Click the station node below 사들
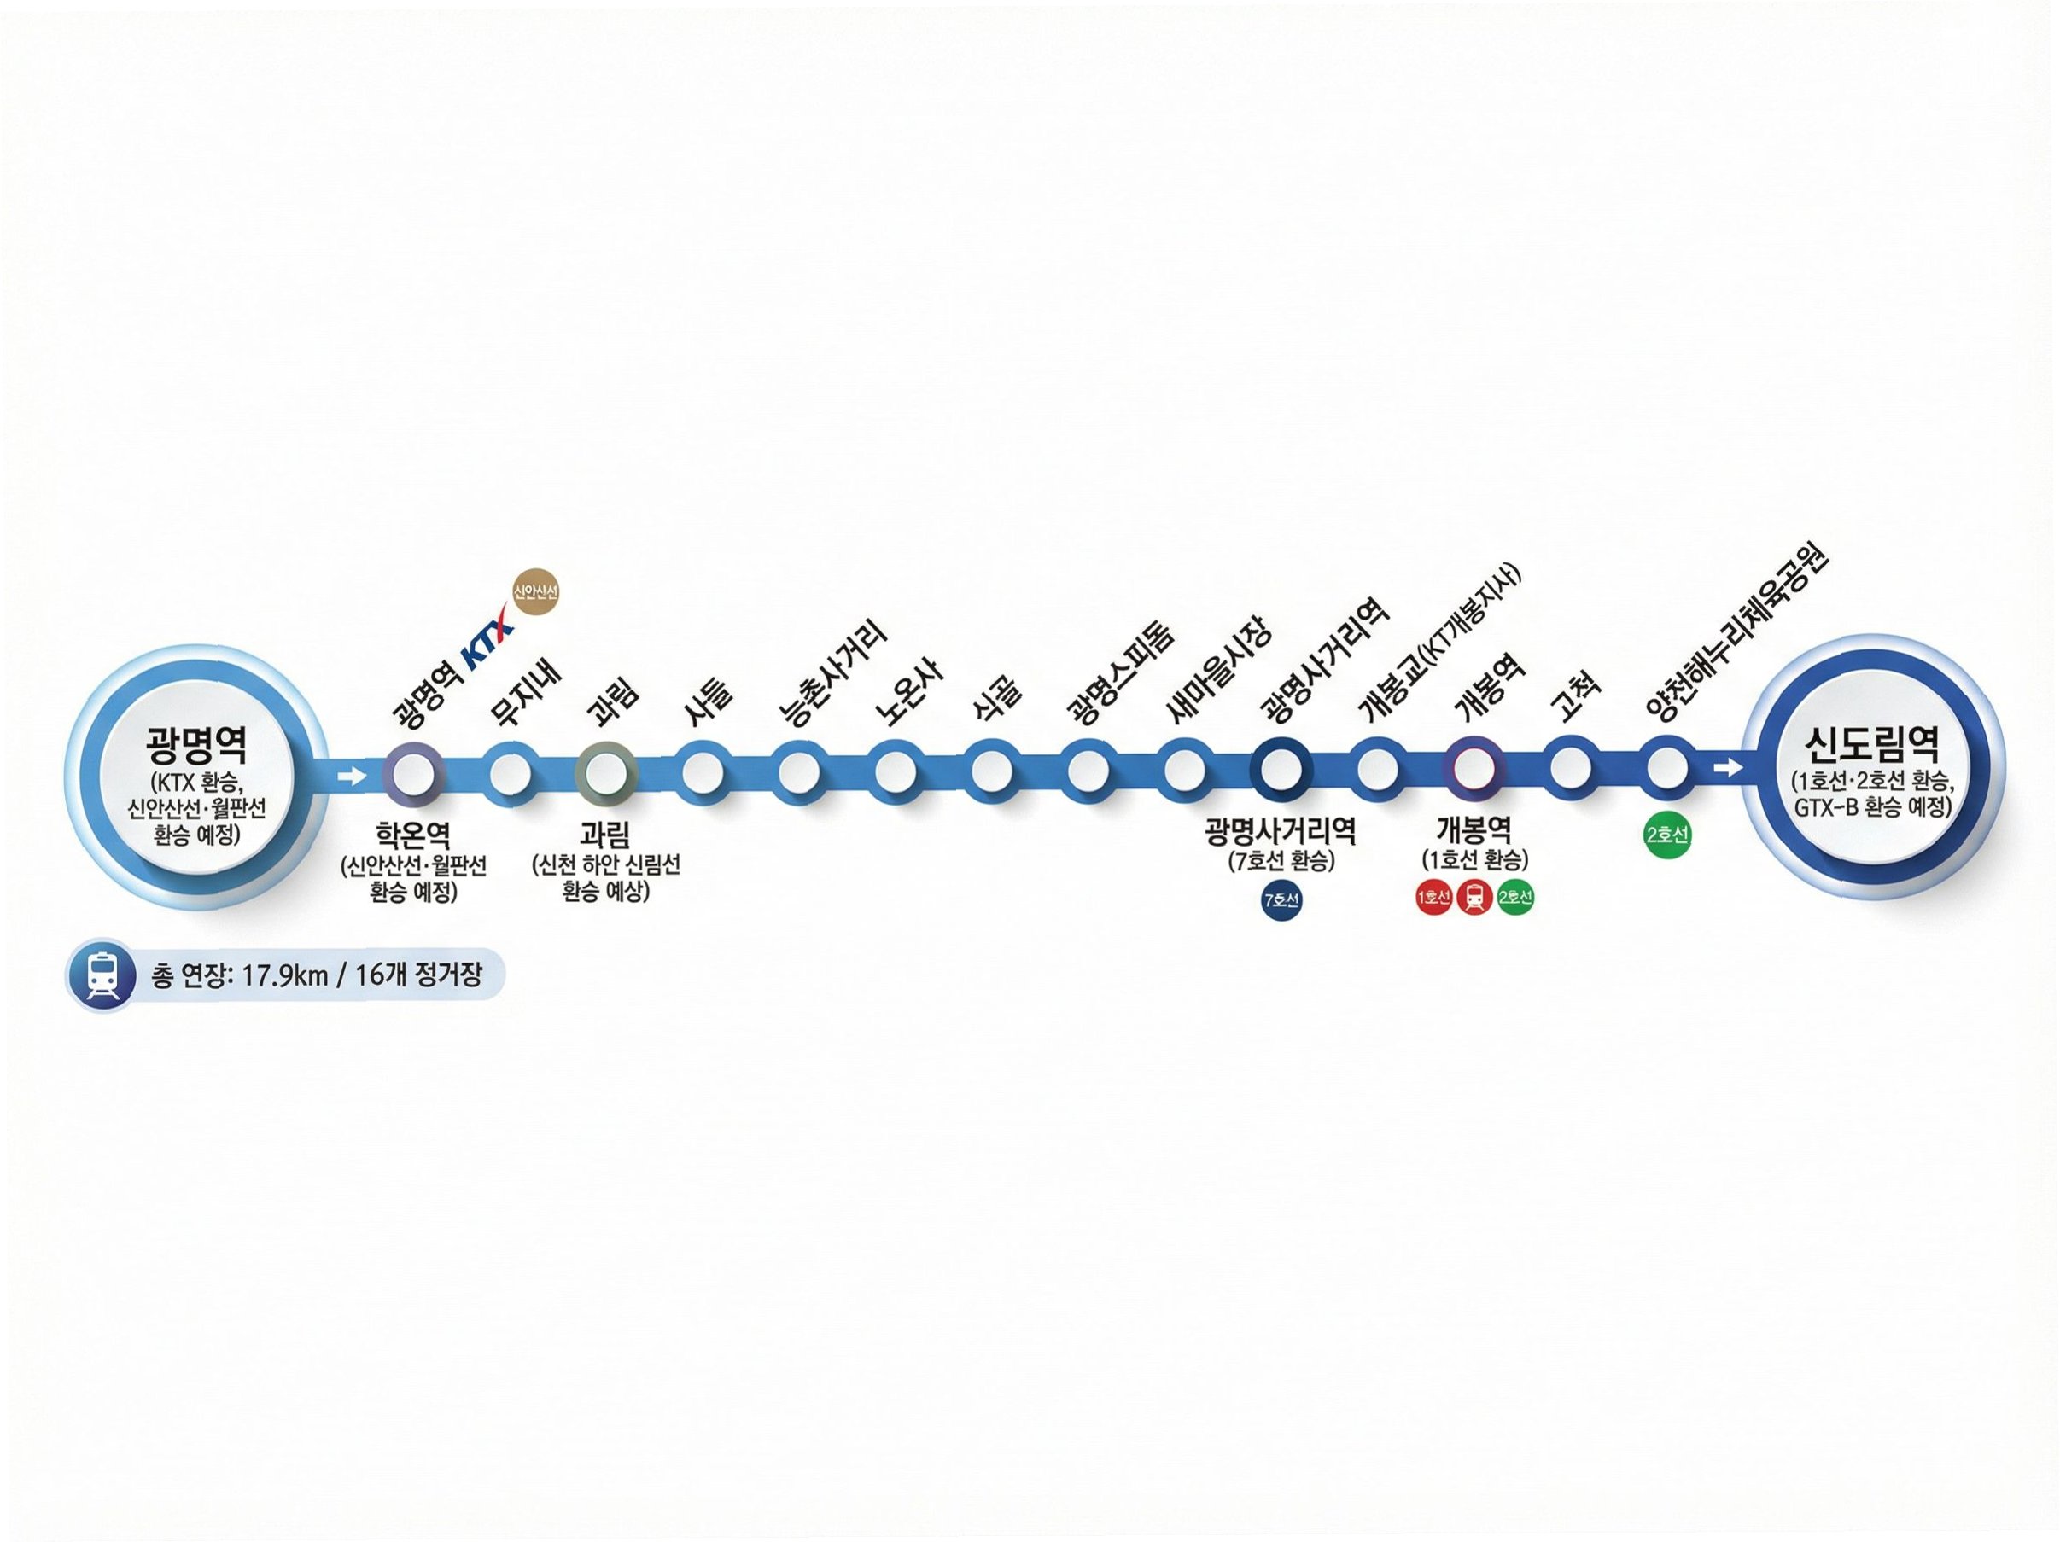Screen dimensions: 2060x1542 [x=703, y=773]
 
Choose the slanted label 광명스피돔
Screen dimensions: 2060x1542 [x=1121, y=672]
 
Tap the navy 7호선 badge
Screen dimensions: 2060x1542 [x=1281, y=900]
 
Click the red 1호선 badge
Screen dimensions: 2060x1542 [x=1434, y=898]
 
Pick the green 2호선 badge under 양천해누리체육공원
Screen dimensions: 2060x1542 [x=1667, y=835]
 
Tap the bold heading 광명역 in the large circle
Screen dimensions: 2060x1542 [x=196, y=745]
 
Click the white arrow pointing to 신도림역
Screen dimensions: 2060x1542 [x=1729, y=767]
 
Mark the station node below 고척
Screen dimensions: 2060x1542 [x=1571, y=769]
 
